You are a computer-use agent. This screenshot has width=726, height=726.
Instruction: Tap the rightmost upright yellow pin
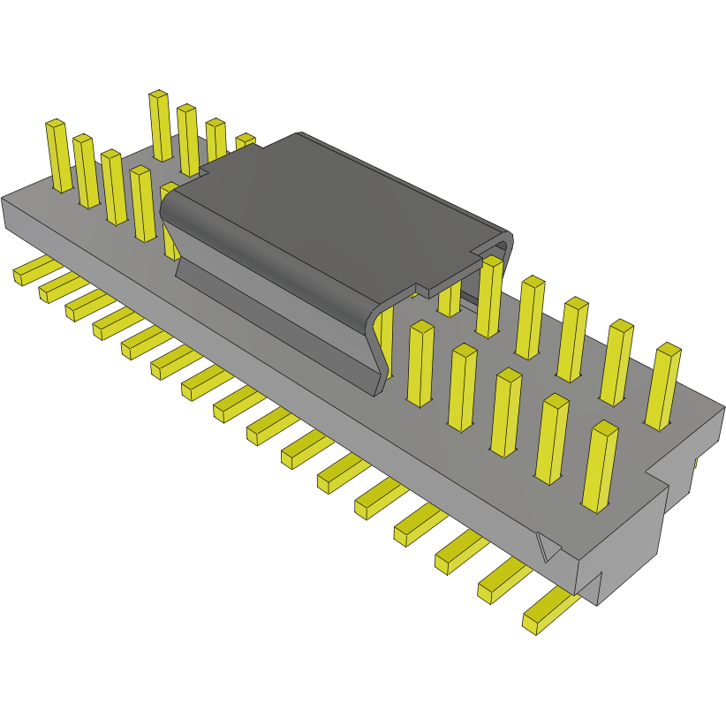663,386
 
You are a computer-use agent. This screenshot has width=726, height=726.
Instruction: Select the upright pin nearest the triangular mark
601,465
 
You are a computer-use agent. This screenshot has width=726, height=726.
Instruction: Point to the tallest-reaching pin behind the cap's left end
160,125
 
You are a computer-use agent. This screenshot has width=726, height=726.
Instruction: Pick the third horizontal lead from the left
88,303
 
